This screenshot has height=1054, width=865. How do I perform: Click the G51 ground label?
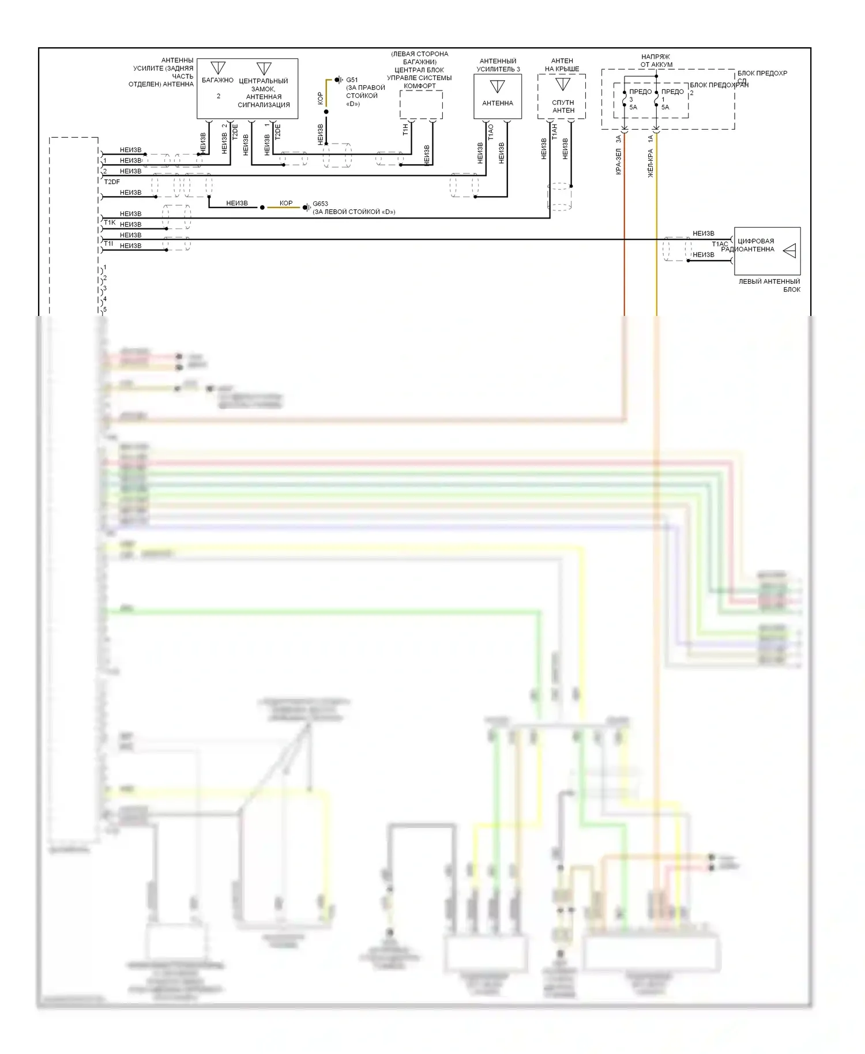click(352, 80)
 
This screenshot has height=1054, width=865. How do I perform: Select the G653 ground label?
click(320, 204)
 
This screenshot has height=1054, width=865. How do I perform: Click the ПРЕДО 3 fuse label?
click(640, 92)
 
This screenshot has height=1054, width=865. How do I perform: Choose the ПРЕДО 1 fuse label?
click(672, 92)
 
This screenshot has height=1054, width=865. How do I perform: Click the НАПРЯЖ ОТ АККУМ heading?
click(656, 61)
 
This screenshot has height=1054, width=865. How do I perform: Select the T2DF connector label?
click(112, 182)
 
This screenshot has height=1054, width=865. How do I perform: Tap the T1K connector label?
click(110, 223)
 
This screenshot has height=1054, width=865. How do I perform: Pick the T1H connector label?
click(405, 130)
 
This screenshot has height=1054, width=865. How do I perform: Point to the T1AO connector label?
click(491, 132)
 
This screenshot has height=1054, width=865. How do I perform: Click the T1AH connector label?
click(554, 131)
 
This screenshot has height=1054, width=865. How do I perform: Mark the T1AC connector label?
click(720, 244)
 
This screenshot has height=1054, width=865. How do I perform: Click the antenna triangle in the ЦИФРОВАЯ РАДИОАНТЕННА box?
click(790, 250)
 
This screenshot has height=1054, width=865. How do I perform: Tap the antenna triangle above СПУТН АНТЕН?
click(562, 84)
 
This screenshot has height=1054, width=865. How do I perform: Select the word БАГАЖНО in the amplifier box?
click(217, 80)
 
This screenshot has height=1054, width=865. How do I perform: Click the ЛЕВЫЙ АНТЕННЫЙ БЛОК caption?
click(769, 285)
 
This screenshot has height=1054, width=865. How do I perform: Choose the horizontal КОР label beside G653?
click(286, 204)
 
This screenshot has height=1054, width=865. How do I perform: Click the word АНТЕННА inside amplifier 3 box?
click(497, 103)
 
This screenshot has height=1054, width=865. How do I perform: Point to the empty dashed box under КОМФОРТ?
click(421, 105)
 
